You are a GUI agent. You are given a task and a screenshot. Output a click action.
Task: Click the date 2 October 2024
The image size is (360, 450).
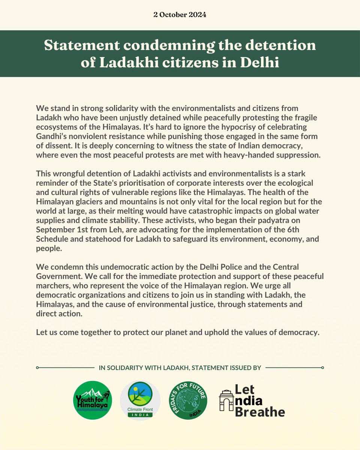180,15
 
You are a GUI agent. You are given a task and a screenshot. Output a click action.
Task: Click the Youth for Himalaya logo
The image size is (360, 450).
92,400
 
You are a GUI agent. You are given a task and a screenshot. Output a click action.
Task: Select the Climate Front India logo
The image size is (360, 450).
140,400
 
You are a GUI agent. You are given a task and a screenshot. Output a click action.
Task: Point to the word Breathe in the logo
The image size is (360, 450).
260,411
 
